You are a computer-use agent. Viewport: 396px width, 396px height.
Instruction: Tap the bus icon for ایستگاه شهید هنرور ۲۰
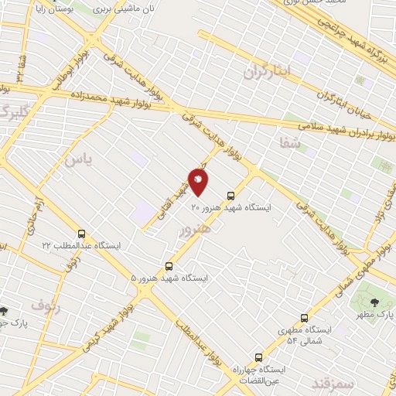point(230,196)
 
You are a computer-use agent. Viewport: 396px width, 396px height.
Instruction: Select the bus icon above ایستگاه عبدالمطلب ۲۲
point(82,234)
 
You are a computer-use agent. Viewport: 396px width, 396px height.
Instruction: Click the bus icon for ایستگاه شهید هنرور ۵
point(169,265)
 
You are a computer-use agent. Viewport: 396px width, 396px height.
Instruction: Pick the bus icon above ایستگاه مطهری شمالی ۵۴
point(304,318)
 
